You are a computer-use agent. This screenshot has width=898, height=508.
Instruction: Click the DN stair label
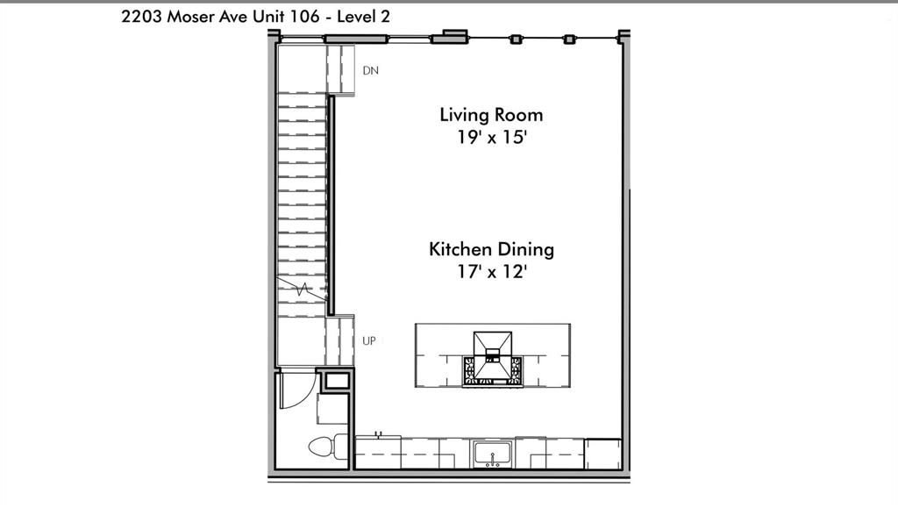point(371,71)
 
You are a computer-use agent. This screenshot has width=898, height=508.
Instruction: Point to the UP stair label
point(369,340)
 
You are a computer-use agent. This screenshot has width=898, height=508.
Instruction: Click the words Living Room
point(491,114)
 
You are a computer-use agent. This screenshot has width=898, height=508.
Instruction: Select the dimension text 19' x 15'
point(491,138)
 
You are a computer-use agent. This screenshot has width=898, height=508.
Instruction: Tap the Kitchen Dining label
point(491,249)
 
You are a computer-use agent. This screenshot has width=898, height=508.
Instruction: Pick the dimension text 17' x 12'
point(491,272)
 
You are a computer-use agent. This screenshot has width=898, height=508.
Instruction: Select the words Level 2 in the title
point(361,15)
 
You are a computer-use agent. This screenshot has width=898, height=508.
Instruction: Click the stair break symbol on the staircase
point(302,289)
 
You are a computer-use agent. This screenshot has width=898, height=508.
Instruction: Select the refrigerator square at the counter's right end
point(602,454)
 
